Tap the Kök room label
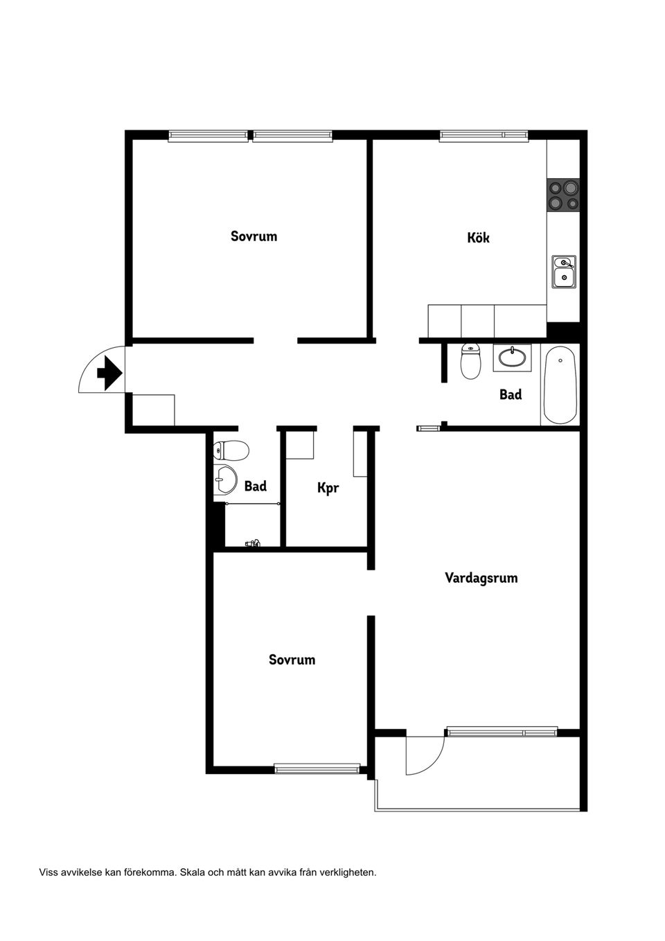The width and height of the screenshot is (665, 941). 478,238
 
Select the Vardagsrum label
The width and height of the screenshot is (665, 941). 481,578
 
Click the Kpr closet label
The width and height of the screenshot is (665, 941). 328,488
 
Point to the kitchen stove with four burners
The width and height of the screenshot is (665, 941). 562,195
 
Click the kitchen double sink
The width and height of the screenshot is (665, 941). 563,272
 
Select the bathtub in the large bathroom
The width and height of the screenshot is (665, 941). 560,385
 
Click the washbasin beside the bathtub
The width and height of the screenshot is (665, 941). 512,358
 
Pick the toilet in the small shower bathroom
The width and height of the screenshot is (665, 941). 231,451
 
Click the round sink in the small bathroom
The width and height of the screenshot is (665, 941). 225,478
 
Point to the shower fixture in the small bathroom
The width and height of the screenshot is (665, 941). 253,543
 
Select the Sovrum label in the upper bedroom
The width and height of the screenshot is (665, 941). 254,236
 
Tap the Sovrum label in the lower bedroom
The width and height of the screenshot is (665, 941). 292,660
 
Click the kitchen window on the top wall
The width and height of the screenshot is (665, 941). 484,135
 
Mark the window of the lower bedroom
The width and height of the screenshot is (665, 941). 317,768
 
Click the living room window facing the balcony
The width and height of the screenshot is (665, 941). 502,731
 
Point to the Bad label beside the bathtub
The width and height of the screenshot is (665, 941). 511,394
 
